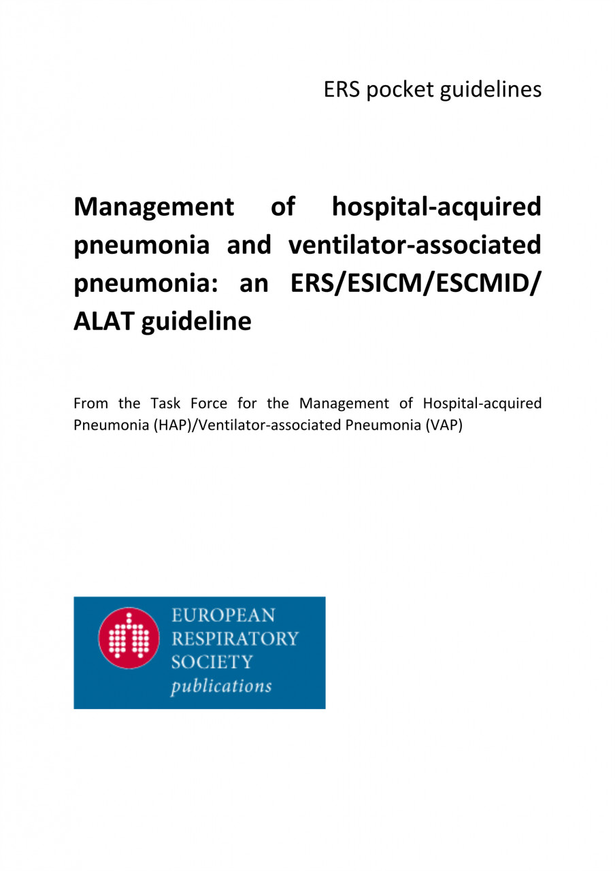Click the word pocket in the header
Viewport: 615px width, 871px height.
click(397, 90)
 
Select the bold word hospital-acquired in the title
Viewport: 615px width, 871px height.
click(437, 206)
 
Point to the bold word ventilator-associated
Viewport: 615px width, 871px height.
click(415, 244)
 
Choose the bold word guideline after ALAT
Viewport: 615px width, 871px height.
click(197, 321)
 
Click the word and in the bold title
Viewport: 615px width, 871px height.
click(249, 244)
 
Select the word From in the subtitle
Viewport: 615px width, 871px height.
click(90, 404)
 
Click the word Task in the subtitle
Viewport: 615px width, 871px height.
click(165, 404)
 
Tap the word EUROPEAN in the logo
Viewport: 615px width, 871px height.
click(223, 616)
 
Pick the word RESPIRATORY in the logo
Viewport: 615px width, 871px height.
click(235, 639)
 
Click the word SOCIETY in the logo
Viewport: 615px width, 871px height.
click(212, 661)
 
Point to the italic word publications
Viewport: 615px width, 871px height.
click(220, 685)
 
